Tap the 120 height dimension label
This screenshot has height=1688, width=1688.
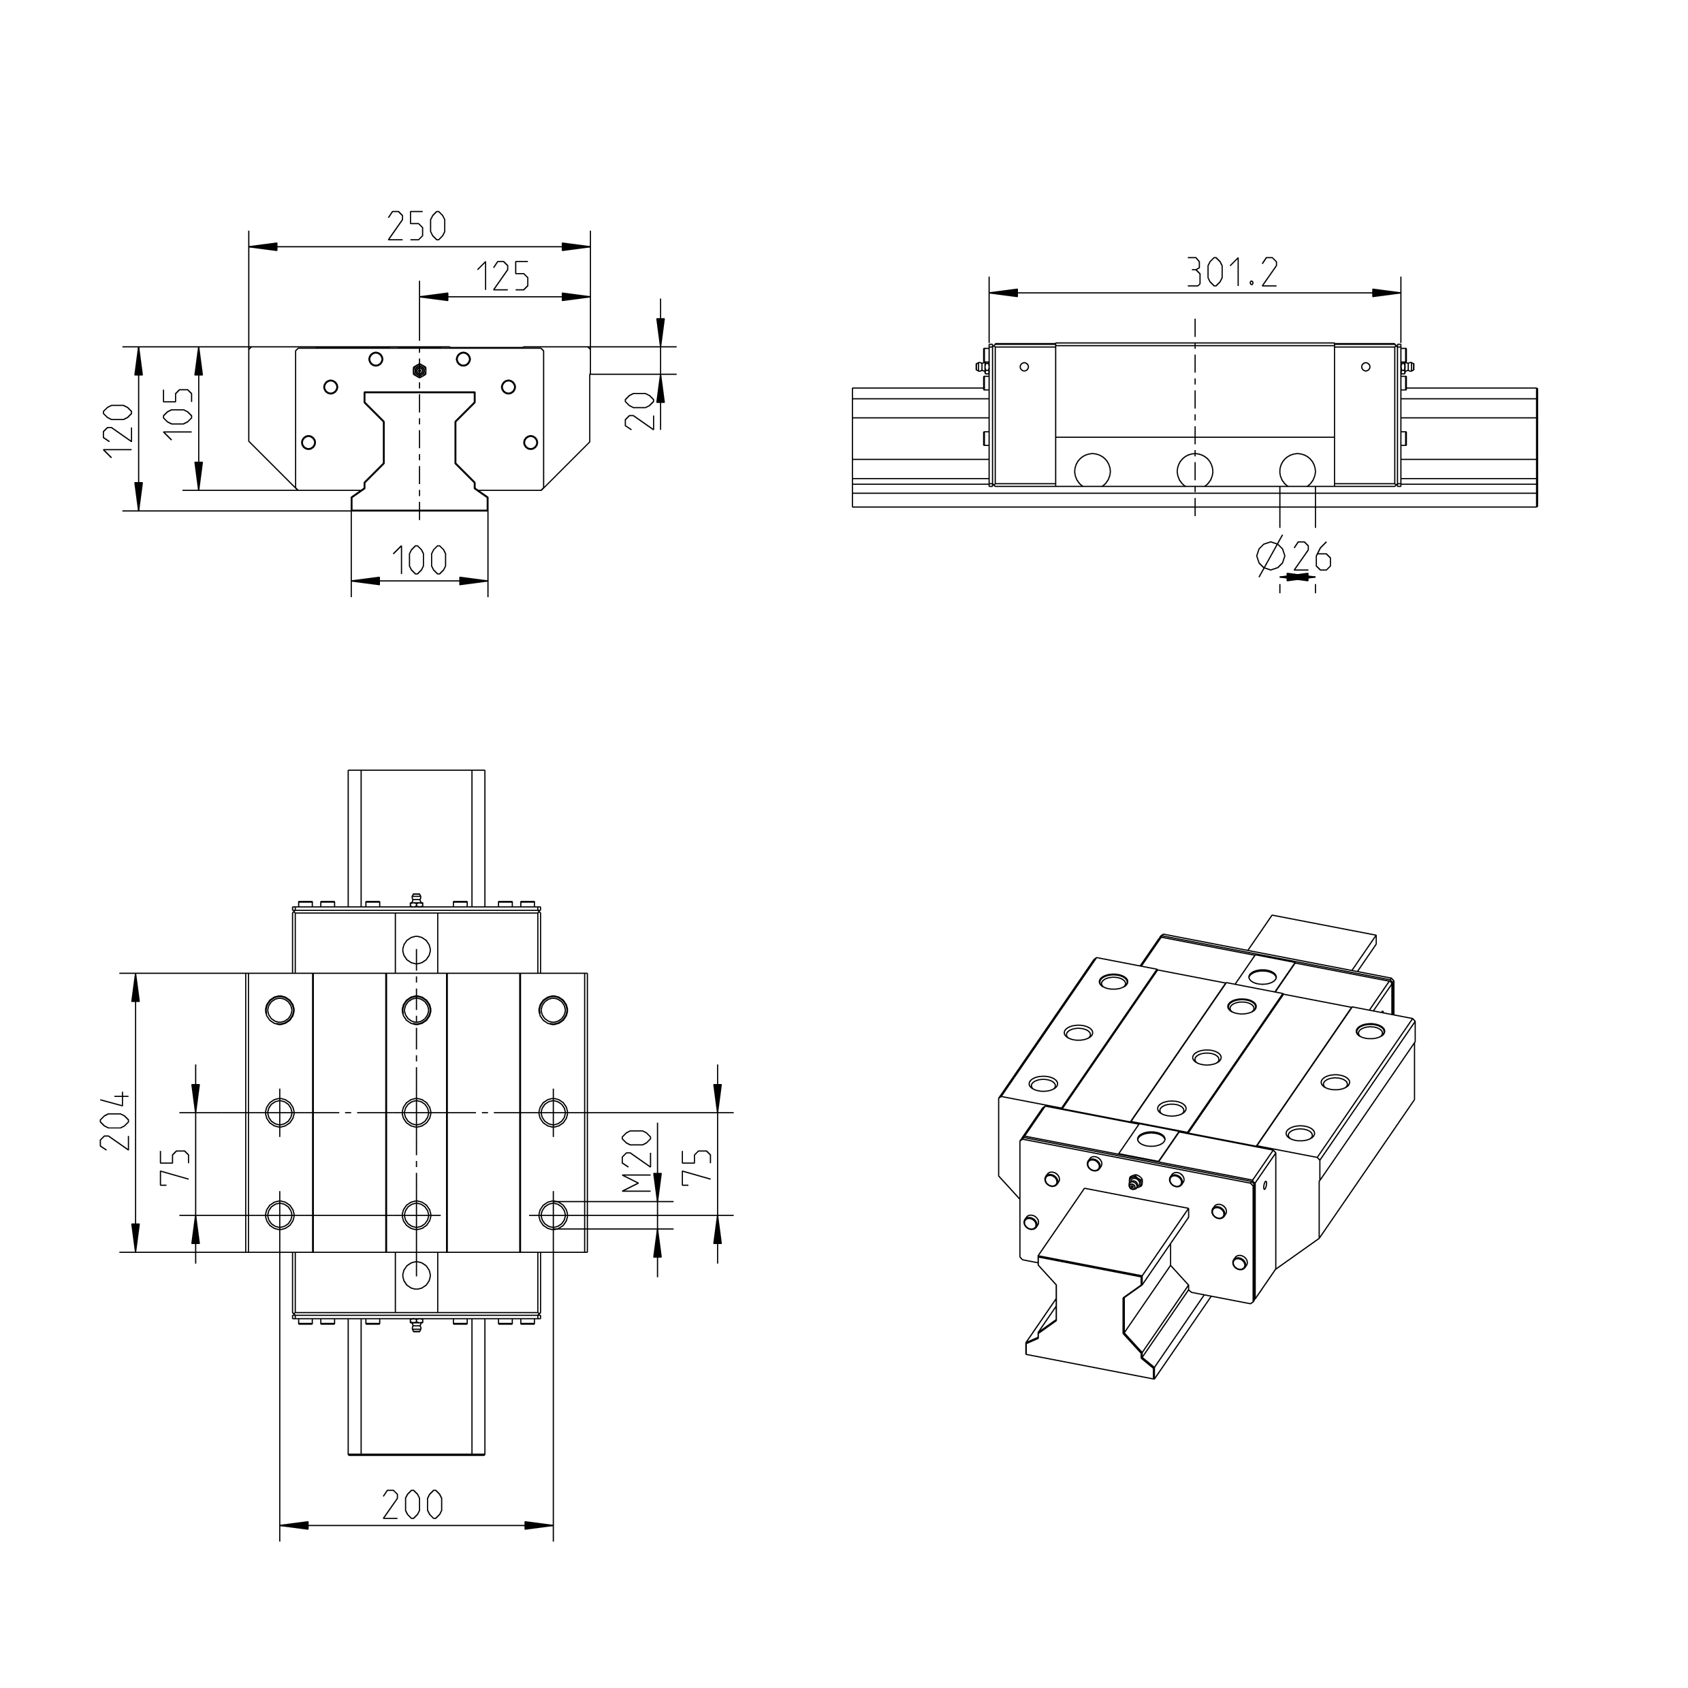(117, 430)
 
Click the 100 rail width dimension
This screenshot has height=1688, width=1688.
(419, 560)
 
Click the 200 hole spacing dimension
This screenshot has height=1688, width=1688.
(413, 1505)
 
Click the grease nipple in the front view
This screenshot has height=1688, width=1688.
(419, 370)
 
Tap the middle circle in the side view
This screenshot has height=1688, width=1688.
(1194, 470)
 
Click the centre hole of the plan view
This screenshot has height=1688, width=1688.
(416, 1112)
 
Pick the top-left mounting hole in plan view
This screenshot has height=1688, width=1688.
(281, 1010)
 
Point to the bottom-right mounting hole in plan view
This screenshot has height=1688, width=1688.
(553, 1215)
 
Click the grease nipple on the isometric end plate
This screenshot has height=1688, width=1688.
(1134, 1183)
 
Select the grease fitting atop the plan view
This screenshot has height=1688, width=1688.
(416, 900)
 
